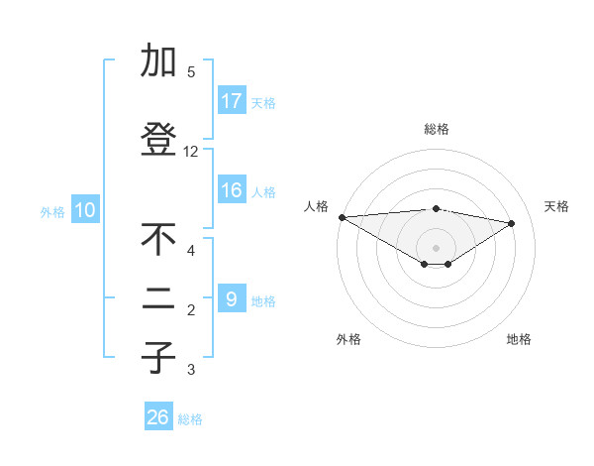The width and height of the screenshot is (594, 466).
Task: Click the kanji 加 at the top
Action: [x=158, y=61]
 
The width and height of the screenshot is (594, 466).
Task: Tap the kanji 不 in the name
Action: [x=158, y=240]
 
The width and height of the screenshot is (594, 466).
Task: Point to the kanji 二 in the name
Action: [x=158, y=302]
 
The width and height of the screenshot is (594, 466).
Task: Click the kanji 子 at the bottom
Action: [x=158, y=359]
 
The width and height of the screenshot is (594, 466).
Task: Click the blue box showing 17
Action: [x=232, y=101]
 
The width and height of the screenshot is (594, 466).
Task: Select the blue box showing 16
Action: [x=232, y=191]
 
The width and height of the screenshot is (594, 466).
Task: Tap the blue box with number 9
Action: [x=232, y=298]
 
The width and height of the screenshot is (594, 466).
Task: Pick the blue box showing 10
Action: [x=85, y=210]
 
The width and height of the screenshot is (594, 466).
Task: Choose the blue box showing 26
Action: [x=158, y=417]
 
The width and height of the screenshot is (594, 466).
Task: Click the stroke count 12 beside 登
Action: [x=190, y=152]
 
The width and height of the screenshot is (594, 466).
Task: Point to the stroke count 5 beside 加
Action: [x=190, y=71]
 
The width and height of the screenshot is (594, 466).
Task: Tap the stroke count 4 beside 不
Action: [x=190, y=250]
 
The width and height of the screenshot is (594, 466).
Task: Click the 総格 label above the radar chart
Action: [x=436, y=129]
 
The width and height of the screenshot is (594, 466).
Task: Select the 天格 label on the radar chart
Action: [x=556, y=206]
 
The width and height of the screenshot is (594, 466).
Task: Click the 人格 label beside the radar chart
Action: [x=315, y=206]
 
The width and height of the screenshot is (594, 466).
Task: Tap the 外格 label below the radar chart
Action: [x=348, y=339]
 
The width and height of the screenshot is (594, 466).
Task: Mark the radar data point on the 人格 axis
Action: [x=342, y=217]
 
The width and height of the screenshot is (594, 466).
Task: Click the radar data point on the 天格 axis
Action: [x=512, y=223]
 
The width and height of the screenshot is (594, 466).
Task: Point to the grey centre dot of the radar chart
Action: [x=436, y=247]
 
